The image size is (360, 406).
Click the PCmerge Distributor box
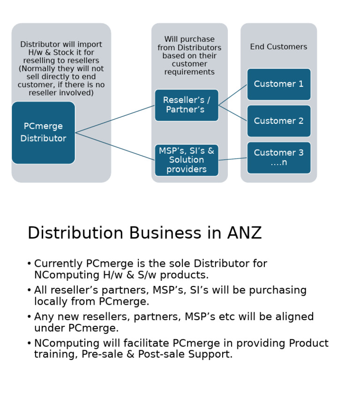43,133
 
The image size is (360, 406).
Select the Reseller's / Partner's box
187,105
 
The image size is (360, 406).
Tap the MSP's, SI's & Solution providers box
187,160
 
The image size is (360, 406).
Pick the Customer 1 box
278,84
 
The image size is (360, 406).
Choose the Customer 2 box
278,121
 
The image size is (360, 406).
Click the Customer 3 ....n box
278,158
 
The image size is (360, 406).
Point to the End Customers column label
278,47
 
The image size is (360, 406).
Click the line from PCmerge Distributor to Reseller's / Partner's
115,119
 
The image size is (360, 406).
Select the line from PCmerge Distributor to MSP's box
115,146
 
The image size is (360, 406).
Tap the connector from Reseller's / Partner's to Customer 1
233,95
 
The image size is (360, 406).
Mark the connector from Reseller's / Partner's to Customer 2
233,113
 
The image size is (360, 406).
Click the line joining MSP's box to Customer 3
233,159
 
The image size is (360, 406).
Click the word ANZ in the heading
244,233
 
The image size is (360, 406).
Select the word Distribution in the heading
75,233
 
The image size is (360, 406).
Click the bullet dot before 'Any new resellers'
29,317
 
